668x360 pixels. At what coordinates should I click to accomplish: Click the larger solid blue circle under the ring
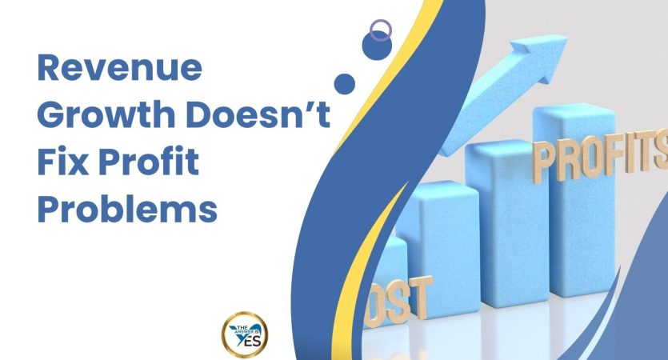[374, 47]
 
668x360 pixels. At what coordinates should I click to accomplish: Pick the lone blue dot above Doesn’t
[344, 84]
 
